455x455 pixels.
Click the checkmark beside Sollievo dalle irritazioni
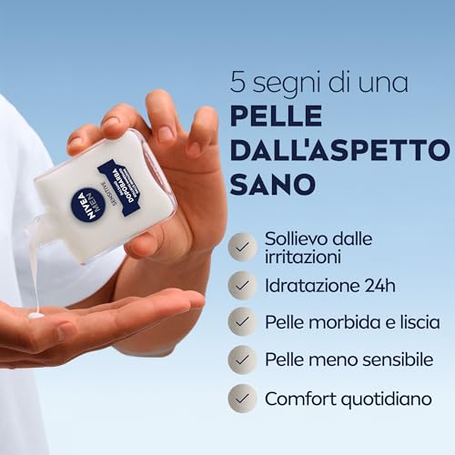click(242, 247)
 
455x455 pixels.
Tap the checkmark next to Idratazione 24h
click(242, 284)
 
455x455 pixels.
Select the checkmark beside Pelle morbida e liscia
click(242, 322)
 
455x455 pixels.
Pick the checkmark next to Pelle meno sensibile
click(242, 359)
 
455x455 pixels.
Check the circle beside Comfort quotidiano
click(242, 398)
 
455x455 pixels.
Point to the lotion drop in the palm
click(36, 315)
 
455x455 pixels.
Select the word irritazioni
click(300, 256)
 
